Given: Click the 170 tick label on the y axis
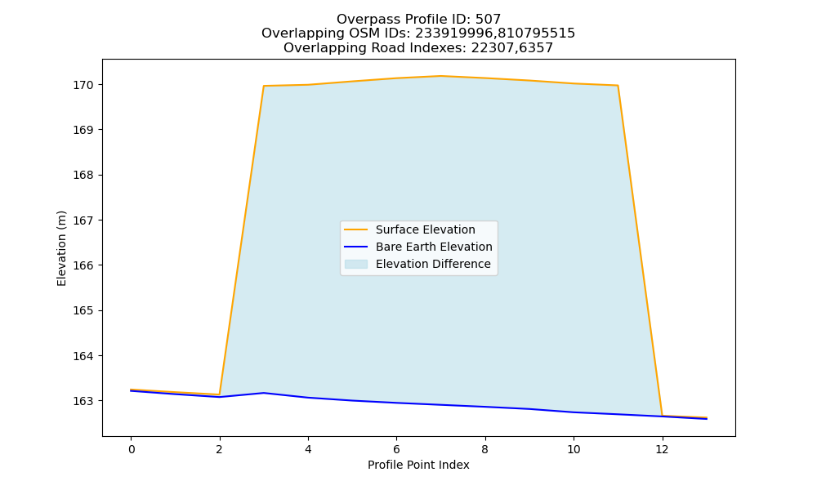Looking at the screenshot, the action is [x=83, y=85].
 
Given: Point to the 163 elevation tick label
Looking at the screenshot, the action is [x=83, y=402].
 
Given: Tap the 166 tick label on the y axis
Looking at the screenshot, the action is [x=83, y=265].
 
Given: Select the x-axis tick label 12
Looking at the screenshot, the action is [x=662, y=449].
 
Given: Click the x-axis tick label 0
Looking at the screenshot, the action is [x=132, y=449].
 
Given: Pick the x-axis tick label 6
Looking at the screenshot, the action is [x=396, y=449].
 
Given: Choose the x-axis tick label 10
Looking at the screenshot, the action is [x=574, y=449].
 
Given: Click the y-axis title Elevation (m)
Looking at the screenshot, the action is [x=61, y=248].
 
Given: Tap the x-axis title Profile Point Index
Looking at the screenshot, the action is [x=418, y=465].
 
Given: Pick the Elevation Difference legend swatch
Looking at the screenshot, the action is [x=356, y=264].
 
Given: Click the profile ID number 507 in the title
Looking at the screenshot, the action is [x=488, y=20].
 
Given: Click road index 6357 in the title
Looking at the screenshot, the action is [x=536, y=48].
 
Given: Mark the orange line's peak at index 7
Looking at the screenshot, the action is [x=441, y=76].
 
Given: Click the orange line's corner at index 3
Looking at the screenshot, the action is [x=264, y=86].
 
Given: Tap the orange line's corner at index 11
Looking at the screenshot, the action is [x=618, y=86].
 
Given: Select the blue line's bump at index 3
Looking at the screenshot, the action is [x=264, y=393].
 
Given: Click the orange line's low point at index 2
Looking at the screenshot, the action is [x=219, y=394].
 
